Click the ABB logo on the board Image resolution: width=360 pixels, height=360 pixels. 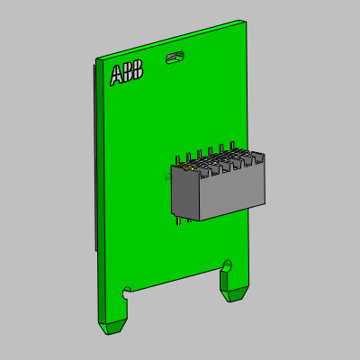pos(126,73)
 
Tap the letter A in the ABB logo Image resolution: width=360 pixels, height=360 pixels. pos(116,76)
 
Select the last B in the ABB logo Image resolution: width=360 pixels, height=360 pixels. pos(138,70)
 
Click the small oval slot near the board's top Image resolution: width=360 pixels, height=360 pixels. pos(175,57)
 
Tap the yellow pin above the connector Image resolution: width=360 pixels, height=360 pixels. pos(178,161)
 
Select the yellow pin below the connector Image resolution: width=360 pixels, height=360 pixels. pos(179,221)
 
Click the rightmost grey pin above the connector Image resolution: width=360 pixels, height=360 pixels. pos(231,146)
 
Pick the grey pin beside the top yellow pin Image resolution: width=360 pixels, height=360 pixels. pos(188,158)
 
